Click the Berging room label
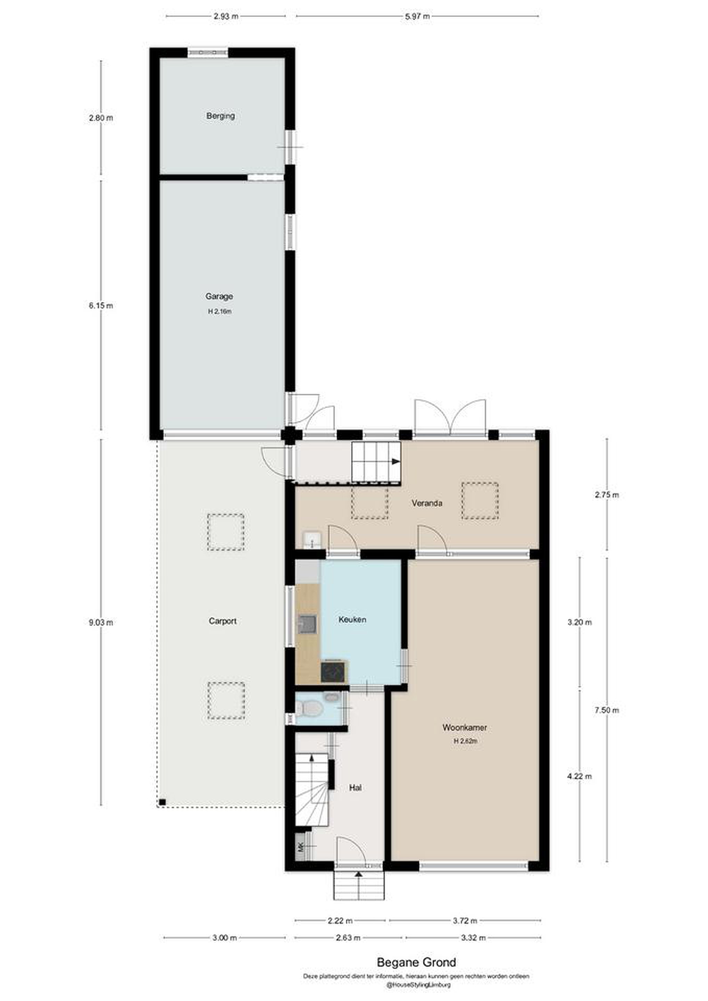221,116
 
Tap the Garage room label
219,296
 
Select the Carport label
223,621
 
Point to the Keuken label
352,619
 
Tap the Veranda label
427,503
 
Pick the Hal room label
355,788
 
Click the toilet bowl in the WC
310,708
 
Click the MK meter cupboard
300,847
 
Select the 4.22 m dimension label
579,776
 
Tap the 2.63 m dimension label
348,938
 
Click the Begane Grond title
416,962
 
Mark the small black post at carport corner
162,802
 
